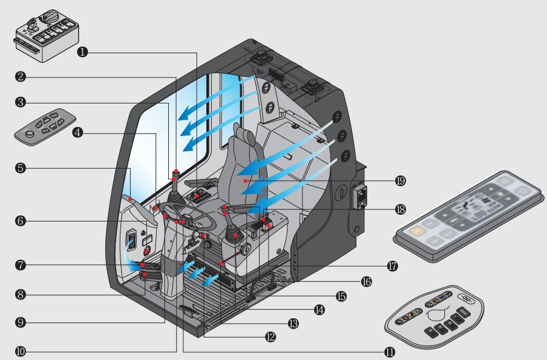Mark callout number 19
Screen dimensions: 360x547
tap(400, 180)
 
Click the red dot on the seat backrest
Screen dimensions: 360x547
tap(243, 180)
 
